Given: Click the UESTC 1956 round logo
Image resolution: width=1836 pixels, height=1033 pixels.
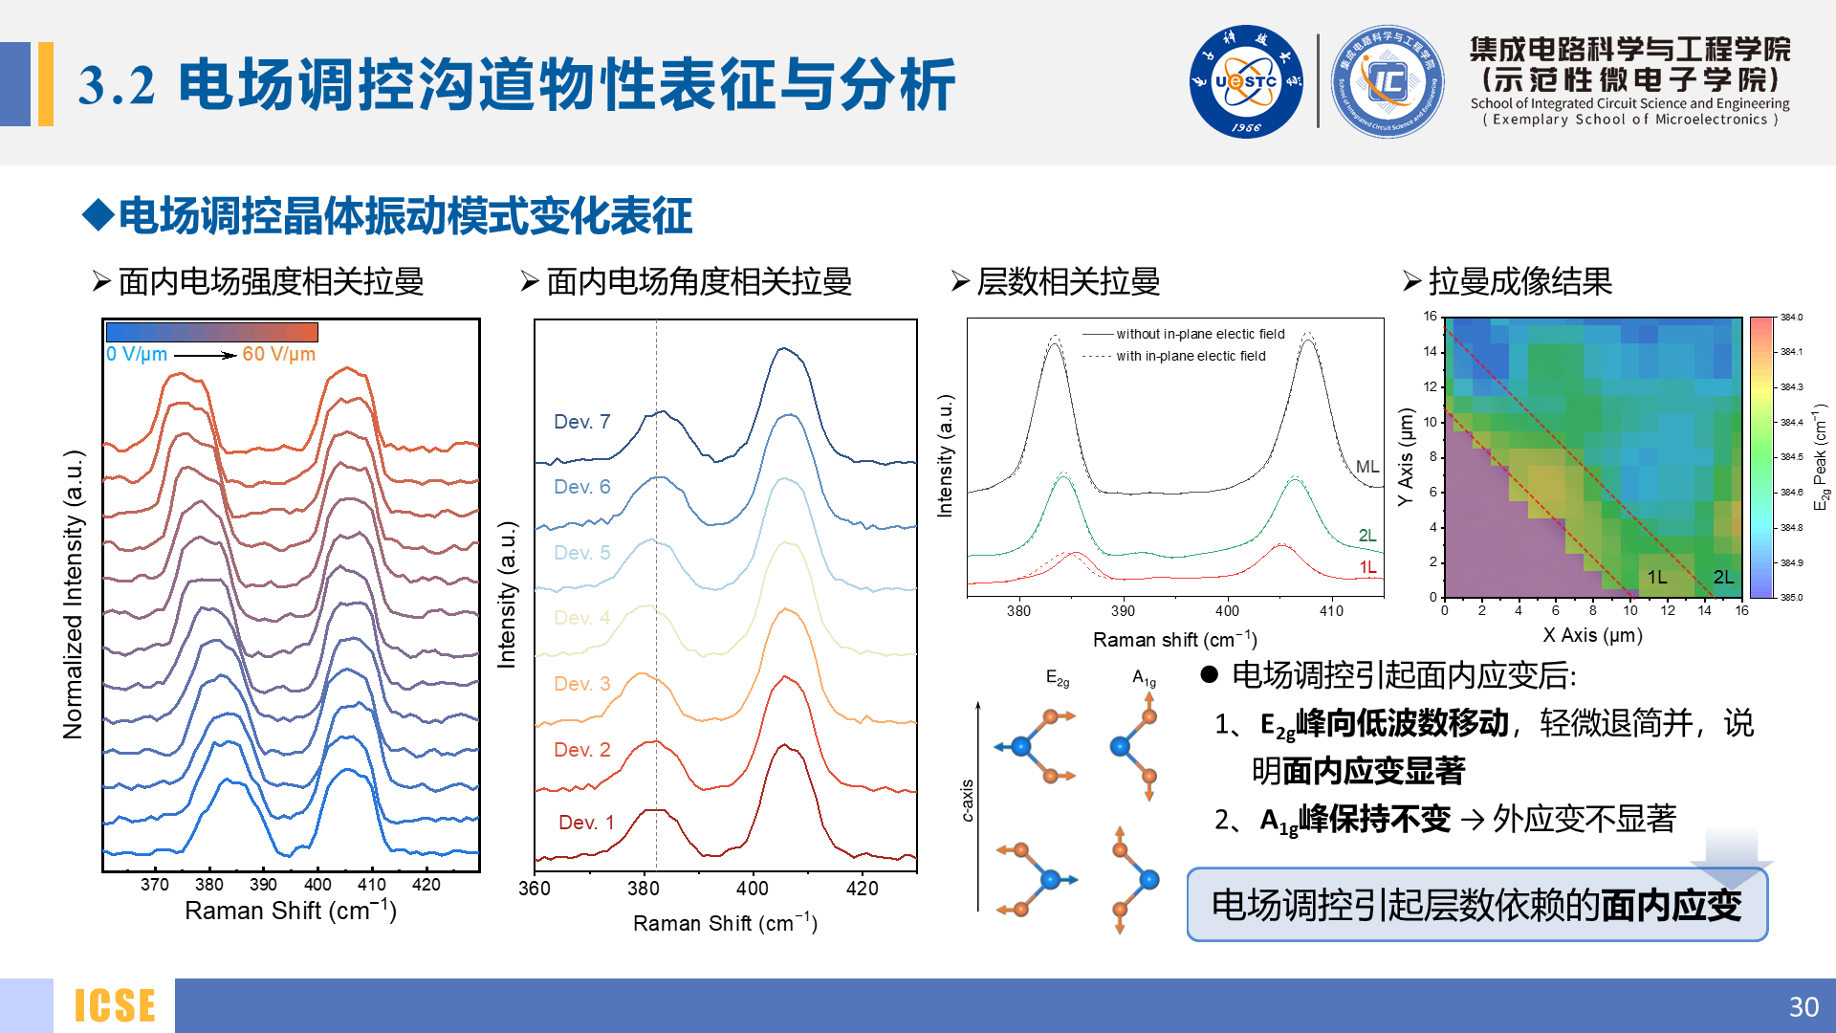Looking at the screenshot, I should (1246, 82).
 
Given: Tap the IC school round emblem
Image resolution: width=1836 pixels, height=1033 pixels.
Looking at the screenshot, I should (1388, 82).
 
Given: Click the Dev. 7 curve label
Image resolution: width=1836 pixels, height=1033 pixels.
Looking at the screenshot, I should (581, 422).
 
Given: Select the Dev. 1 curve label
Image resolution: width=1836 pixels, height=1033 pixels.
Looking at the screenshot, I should (586, 823).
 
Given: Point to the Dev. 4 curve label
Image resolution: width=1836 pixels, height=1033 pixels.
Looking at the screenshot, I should (581, 618).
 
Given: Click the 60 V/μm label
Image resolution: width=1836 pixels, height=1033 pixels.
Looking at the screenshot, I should (278, 354).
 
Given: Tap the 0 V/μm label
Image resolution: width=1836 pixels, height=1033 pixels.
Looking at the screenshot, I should (137, 354).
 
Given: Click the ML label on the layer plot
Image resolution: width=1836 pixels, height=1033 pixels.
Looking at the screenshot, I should (1367, 467).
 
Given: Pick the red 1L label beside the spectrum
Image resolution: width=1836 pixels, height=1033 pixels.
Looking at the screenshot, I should (1368, 567).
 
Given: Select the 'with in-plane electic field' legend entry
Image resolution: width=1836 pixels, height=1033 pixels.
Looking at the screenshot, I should (1191, 356).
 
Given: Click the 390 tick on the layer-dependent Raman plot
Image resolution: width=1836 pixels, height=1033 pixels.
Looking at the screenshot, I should (1123, 611).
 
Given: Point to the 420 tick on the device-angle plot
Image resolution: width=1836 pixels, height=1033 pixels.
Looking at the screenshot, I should (862, 889).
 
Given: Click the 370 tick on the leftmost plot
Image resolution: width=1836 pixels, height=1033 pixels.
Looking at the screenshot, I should (155, 885).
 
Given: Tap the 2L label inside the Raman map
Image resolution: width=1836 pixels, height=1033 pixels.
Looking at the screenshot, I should (1723, 577).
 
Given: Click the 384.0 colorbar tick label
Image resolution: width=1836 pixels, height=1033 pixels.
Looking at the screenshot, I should (1791, 318).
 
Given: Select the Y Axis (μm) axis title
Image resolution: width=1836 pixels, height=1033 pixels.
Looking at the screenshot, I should (1405, 457).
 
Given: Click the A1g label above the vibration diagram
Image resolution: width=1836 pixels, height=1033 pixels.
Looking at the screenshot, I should (1144, 678).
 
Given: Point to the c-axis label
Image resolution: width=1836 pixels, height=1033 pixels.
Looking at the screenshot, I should (968, 800).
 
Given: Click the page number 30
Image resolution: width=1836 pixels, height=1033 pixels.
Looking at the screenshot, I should (1803, 1006).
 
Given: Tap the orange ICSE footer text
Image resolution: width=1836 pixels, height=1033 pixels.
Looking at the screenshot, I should (115, 1006).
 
